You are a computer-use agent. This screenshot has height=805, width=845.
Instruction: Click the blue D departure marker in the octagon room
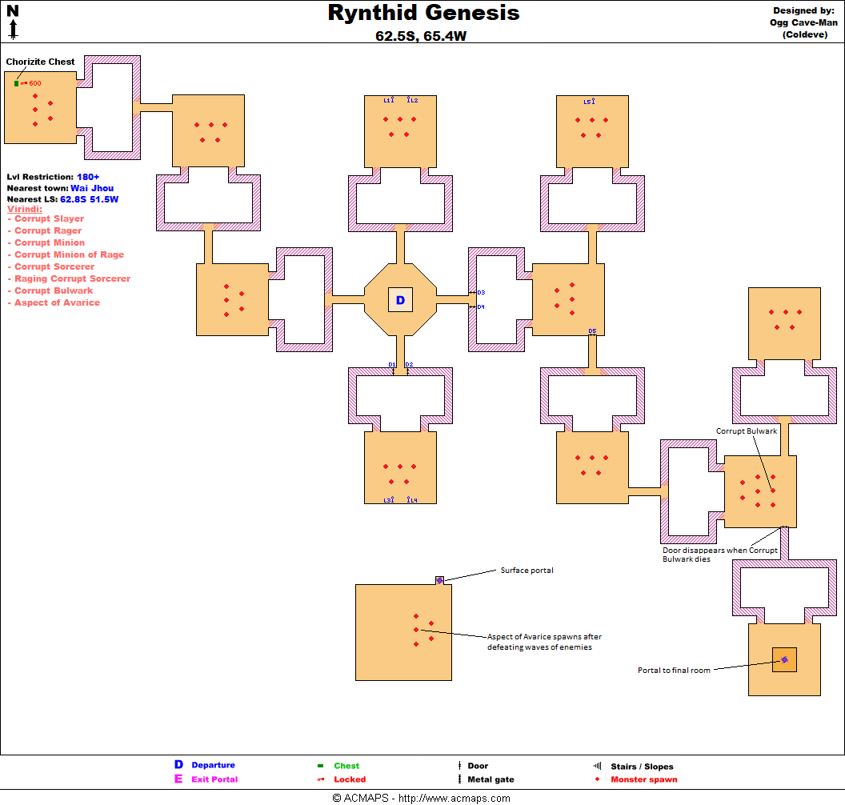pyautogui.click(x=400, y=300)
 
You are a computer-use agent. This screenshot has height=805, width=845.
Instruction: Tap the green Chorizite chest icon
pyautogui.click(x=16, y=83)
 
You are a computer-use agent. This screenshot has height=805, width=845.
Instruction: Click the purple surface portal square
pyautogui.click(x=440, y=580)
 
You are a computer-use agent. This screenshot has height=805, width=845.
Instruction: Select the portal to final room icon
pyautogui.click(x=785, y=659)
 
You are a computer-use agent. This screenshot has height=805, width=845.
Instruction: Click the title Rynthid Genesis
pyautogui.click(x=423, y=13)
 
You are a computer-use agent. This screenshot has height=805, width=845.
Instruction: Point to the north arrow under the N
pyautogui.click(x=13, y=29)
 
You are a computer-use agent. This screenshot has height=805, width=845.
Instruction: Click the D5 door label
pyautogui.click(x=592, y=330)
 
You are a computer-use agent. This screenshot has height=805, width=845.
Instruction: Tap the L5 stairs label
pyautogui.click(x=587, y=102)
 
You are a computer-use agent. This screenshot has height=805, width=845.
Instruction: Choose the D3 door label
pyautogui.click(x=481, y=293)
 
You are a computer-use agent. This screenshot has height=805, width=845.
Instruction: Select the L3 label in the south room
pyautogui.click(x=387, y=501)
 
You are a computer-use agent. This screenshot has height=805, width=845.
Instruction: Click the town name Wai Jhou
pyautogui.click(x=92, y=188)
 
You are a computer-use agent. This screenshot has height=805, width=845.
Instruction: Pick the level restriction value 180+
pyautogui.click(x=88, y=177)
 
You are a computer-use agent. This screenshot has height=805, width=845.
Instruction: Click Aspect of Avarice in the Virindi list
pyautogui.click(x=57, y=302)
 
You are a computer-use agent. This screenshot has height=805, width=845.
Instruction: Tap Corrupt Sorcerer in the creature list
pyautogui.click(x=54, y=266)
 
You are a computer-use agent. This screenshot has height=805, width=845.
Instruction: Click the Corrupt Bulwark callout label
pyautogui.click(x=747, y=431)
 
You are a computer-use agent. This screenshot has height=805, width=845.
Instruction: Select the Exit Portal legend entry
pyautogui.click(x=214, y=779)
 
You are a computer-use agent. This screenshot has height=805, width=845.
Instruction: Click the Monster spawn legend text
pyautogui.click(x=644, y=779)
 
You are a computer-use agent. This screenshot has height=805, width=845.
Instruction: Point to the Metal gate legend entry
pyautogui.click(x=491, y=779)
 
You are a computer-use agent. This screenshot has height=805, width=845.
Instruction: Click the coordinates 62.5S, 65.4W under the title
pyautogui.click(x=421, y=36)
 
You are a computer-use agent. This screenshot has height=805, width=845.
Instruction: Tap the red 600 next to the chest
pyautogui.click(x=35, y=83)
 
